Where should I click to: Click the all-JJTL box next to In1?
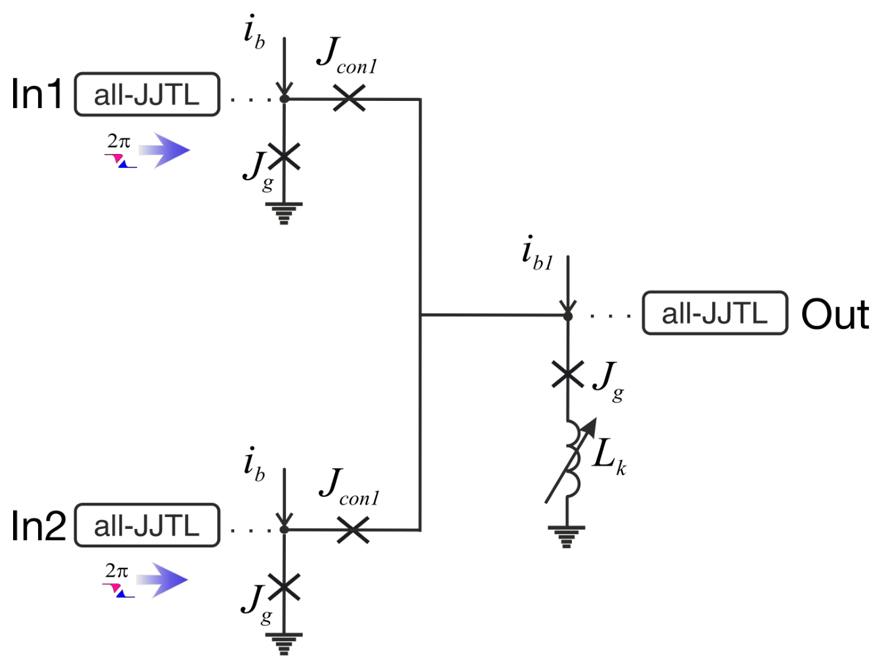tap(147, 94)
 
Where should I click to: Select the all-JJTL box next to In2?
tap(147, 525)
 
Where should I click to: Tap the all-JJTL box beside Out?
tap(715, 313)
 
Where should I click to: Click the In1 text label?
tap(37, 94)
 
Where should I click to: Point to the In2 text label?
tap(39, 525)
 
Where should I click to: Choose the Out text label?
tap(835, 315)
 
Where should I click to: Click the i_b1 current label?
tap(538, 254)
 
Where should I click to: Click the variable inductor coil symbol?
tap(571, 459)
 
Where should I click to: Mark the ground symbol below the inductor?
tap(566, 537)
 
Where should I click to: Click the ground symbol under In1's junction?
tap(284, 214)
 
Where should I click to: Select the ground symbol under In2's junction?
tap(284, 644)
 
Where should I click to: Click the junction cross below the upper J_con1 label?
tap(349, 98)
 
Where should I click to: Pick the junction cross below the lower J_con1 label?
tap(352, 530)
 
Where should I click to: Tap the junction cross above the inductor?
tap(567, 374)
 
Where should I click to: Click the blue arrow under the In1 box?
tap(164, 151)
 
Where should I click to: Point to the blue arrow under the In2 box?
tap(162, 580)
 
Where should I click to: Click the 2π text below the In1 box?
tap(119, 141)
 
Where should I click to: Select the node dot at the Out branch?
tap(567, 317)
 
